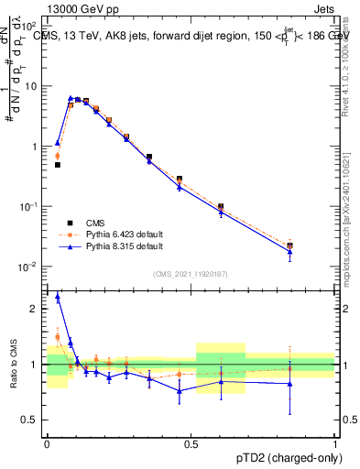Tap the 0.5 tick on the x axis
click(x=191, y=444)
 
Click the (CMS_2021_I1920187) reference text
click(x=191, y=274)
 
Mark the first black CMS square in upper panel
click(x=58, y=165)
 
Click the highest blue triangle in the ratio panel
click(x=58, y=297)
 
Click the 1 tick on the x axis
click(x=334, y=444)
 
